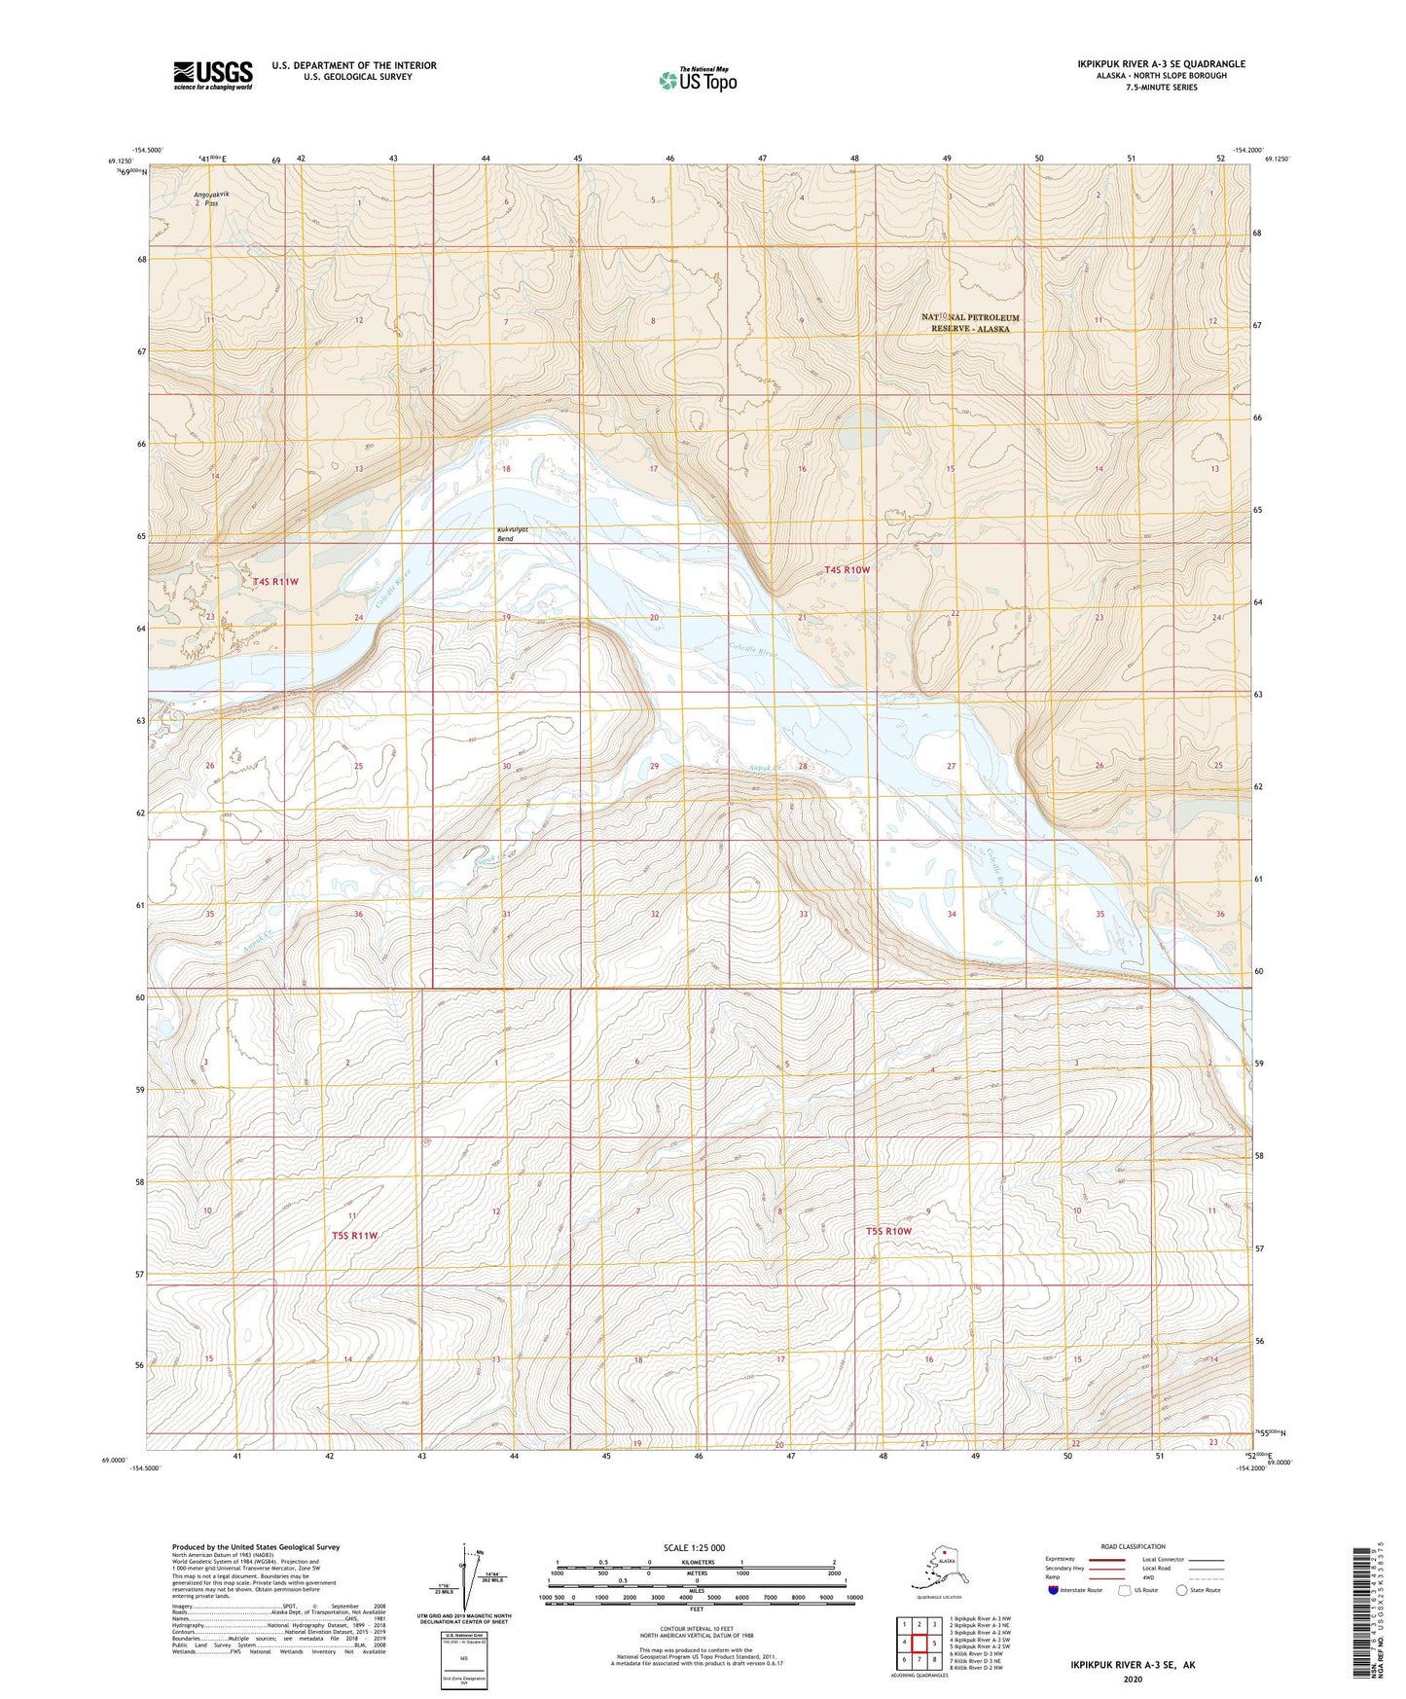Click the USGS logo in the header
[x=213, y=75]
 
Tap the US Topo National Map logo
[x=697, y=79]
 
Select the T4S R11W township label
[x=275, y=581]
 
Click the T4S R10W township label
[x=846, y=569]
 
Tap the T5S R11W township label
[x=354, y=1235]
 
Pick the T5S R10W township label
[x=888, y=1231]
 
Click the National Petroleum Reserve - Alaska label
[x=969, y=323]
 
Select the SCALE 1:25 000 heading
[x=695, y=1548]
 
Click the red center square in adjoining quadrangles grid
[x=919, y=1644]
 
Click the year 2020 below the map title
[x=1133, y=1679]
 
